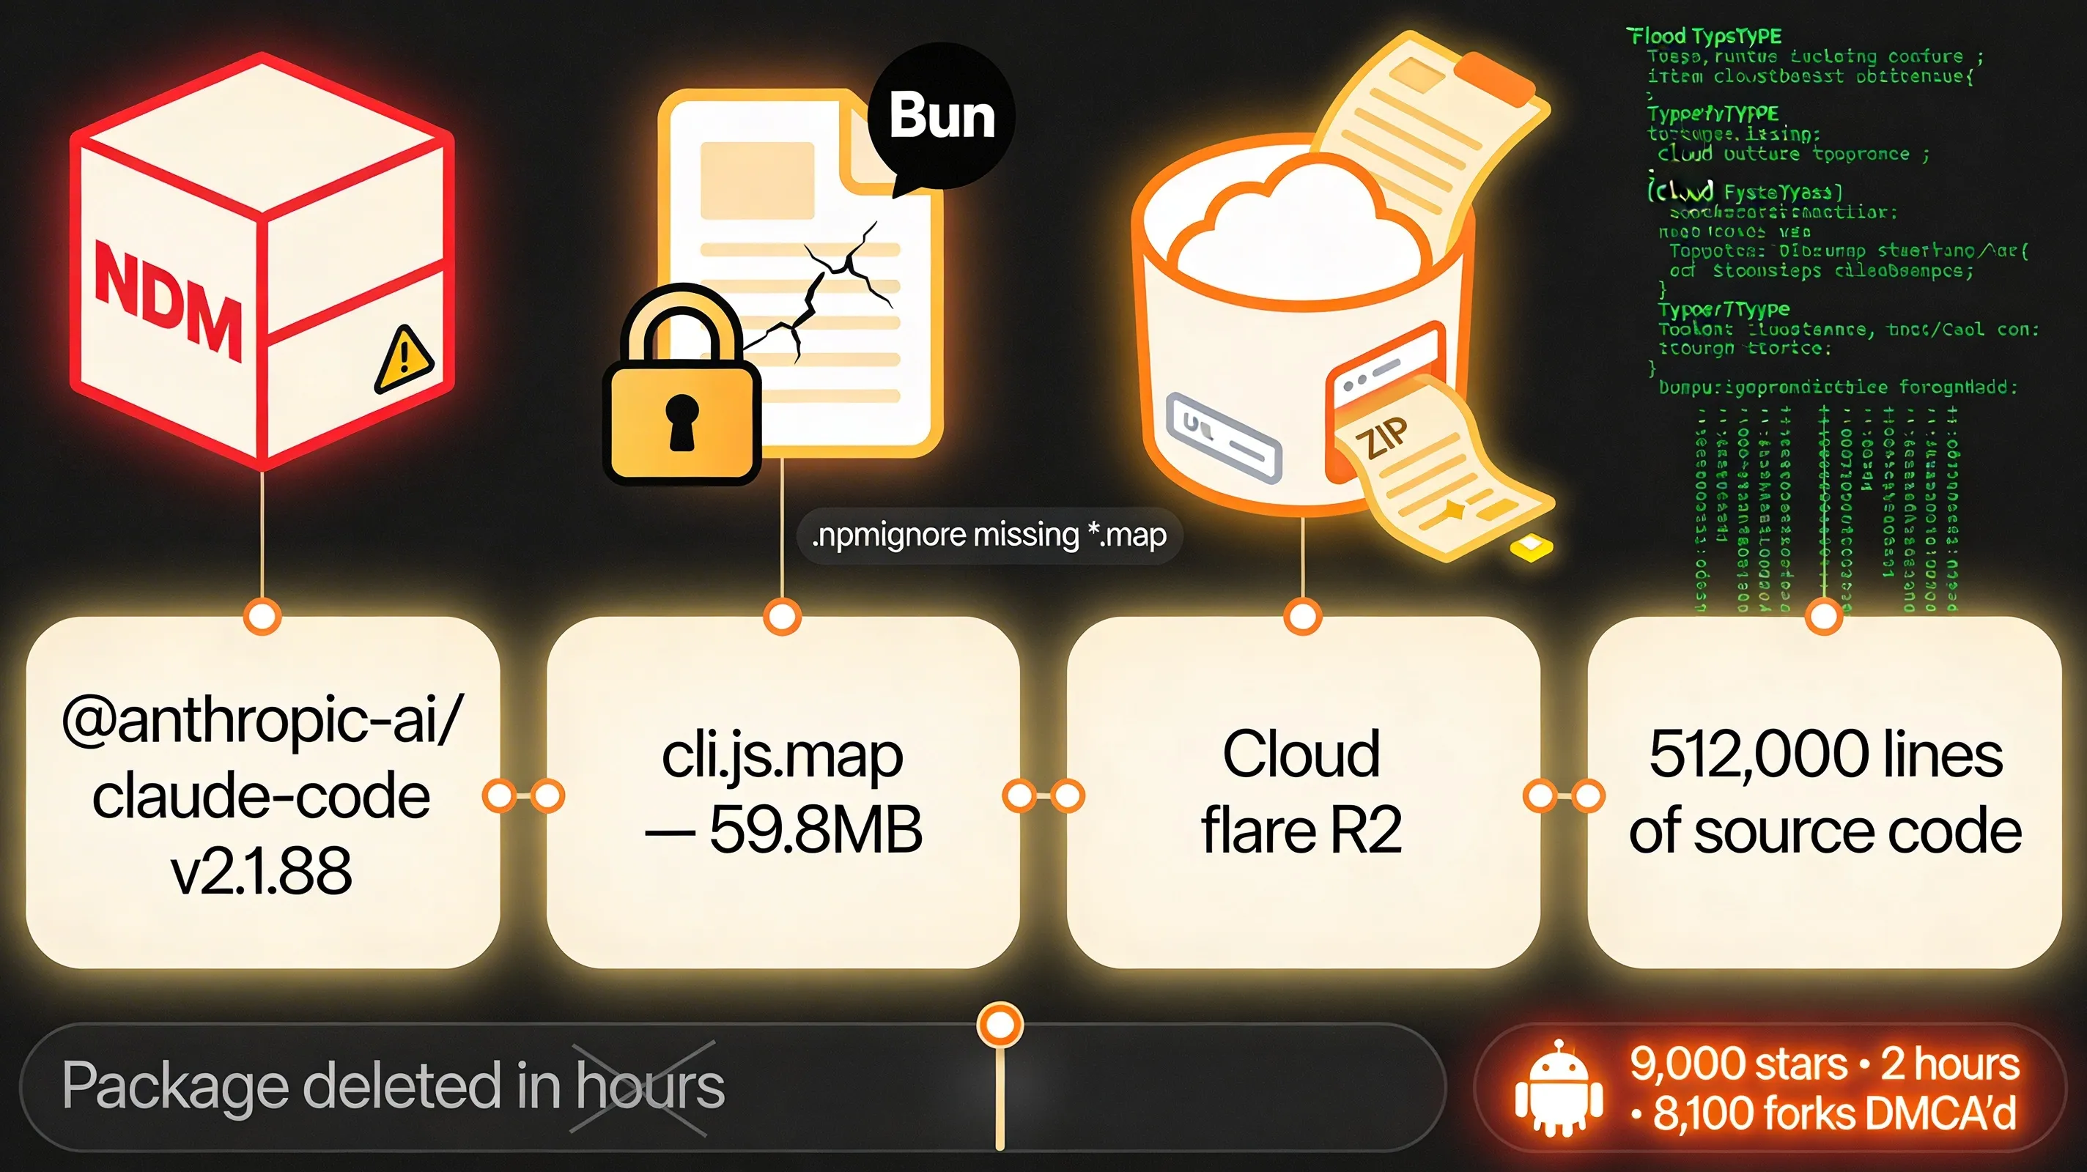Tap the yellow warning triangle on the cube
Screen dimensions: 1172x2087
point(404,360)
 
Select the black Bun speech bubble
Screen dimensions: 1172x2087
point(942,116)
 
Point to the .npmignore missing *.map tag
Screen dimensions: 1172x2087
point(989,535)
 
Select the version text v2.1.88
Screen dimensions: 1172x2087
point(262,871)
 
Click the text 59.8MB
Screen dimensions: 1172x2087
point(815,830)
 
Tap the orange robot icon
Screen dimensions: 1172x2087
point(1558,1089)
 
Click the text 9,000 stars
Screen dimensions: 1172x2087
point(1737,1064)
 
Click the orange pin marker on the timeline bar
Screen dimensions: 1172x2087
point(1000,1025)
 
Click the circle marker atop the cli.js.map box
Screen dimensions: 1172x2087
point(782,617)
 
